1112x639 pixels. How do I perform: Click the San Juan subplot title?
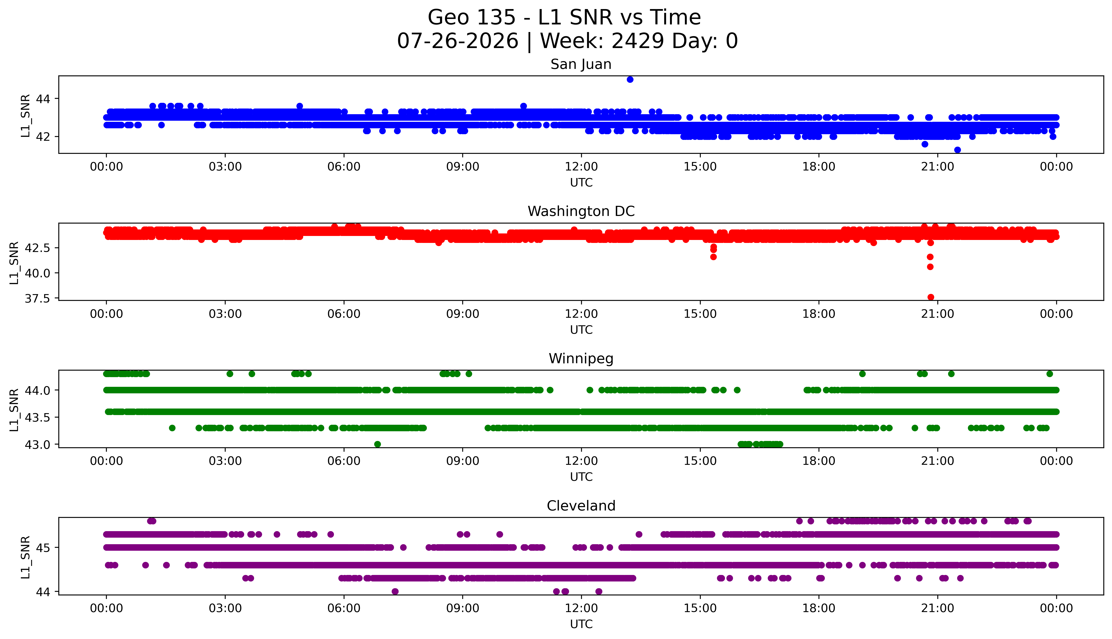point(581,64)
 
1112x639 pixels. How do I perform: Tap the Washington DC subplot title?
point(581,212)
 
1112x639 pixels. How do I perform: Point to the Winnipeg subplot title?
point(581,359)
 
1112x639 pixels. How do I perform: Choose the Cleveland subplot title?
point(581,506)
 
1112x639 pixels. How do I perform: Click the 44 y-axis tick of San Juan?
point(43,99)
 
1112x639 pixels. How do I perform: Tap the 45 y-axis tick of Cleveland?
point(43,548)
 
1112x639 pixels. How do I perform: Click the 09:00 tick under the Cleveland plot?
point(462,608)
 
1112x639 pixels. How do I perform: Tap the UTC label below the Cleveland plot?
point(581,624)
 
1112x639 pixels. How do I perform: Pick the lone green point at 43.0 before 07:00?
point(377,444)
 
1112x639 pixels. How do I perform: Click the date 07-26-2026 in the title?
point(458,41)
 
